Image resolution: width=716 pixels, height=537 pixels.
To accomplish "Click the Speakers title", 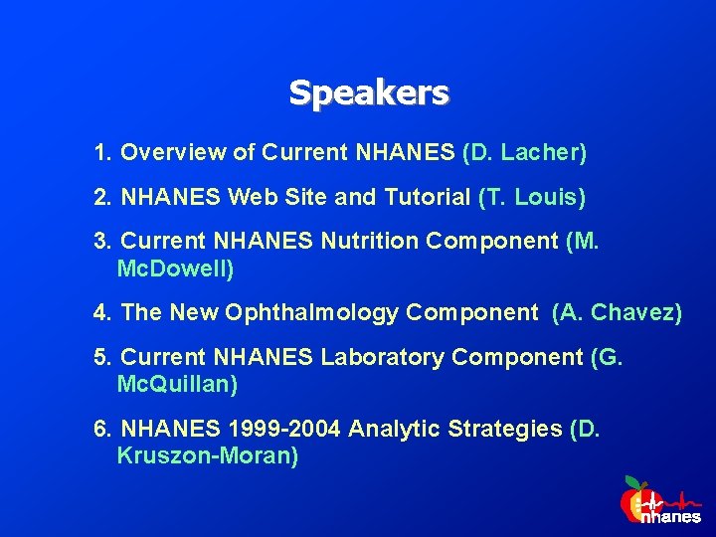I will pos(369,93).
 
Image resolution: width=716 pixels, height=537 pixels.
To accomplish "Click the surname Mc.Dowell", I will pos(175,269).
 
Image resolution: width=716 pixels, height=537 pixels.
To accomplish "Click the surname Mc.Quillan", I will pos(177,384).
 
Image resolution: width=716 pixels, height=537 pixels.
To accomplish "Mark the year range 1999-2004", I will pos(282,430).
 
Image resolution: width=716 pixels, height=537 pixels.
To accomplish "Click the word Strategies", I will pos(506,430).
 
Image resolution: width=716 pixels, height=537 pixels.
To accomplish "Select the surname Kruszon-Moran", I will pos(207,455).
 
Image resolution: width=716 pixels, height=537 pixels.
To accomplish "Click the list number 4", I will pos(100,313).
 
